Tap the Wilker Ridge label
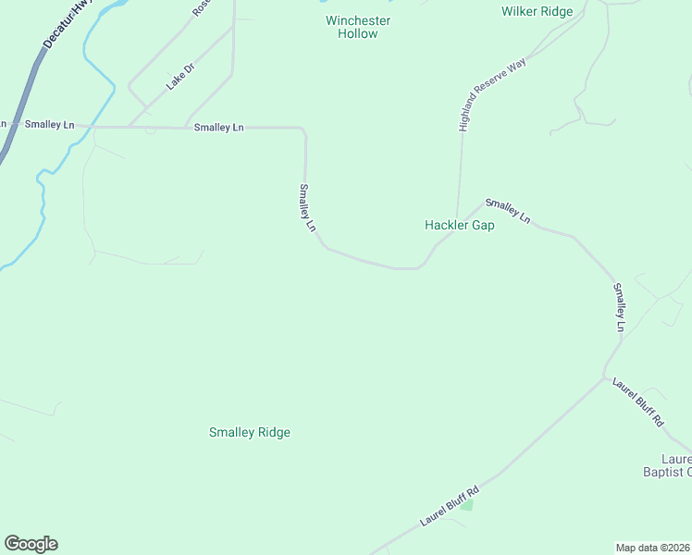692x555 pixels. click(537, 11)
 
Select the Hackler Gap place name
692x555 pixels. click(459, 225)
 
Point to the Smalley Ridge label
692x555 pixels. click(250, 432)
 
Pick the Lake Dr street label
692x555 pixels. click(180, 76)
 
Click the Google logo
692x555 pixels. click(31, 544)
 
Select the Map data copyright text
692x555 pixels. click(653, 547)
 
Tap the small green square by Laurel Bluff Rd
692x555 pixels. click(466, 505)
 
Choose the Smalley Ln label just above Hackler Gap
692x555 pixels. click(508, 211)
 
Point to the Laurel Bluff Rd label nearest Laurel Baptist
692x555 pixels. click(638, 401)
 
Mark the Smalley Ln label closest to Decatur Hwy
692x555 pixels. click(49, 124)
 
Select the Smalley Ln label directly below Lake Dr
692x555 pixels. click(219, 127)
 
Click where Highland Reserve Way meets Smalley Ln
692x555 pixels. click(456, 219)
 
